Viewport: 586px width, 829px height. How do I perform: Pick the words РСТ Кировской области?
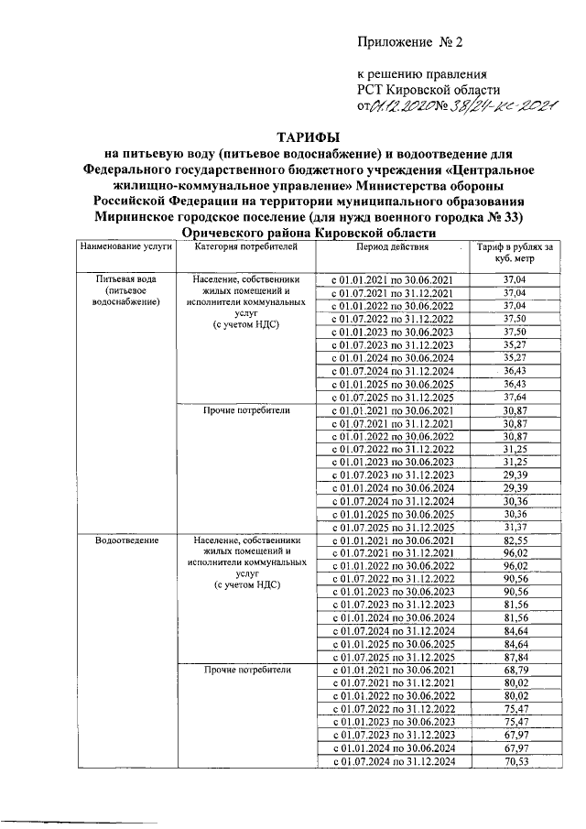(428, 89)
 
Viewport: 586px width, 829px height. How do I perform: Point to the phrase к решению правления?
(421, 73)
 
